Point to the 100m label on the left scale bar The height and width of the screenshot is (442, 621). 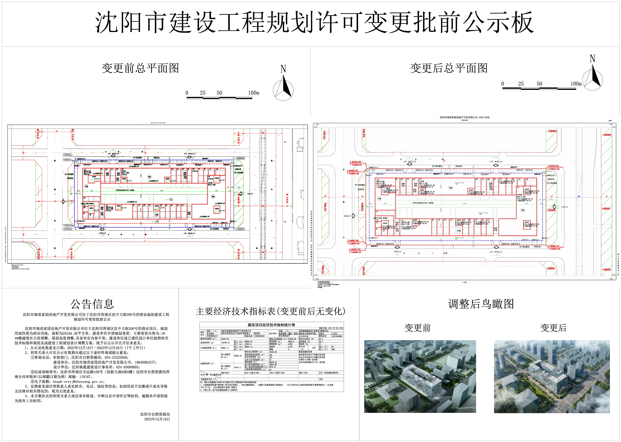(253, 93)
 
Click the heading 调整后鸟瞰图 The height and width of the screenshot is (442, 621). (481, 304)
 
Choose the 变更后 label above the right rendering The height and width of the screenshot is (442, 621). (553, 328)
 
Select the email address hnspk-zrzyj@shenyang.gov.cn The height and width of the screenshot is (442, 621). (79, 382)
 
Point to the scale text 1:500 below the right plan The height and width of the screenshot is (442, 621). (464, 282)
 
